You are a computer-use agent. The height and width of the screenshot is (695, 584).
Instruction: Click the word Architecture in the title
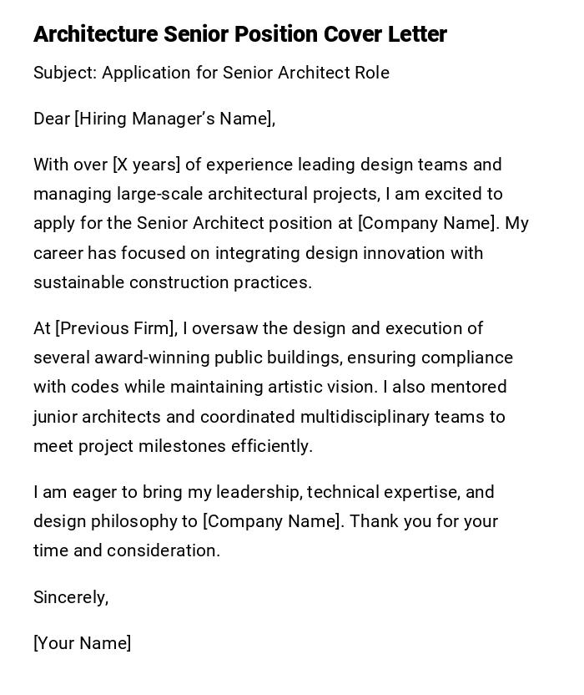click(x=95, y=34)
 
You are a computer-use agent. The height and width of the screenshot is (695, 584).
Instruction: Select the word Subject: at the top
click(x=65, y=73)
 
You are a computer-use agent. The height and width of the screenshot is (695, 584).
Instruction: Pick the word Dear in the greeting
click(x=52, y=119)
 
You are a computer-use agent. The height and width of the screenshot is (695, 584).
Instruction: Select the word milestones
click(x=184, y=446)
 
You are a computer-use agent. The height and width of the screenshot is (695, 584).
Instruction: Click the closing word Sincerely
click(x=71, y=597)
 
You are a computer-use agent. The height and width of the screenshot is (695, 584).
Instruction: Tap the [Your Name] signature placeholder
click(x=83, y=643)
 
